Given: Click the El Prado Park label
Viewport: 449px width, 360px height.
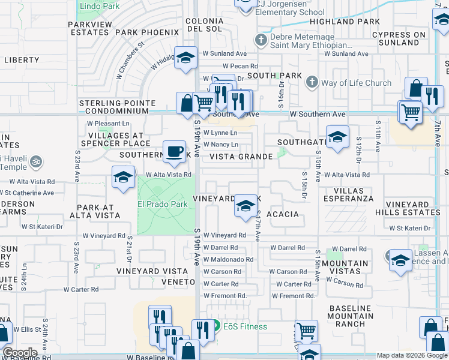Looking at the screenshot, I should [x=163, y=204].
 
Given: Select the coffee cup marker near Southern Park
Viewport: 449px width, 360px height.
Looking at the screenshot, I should [x=175, y=151].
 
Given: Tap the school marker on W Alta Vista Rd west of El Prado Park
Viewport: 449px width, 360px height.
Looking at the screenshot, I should [x=123, y=178].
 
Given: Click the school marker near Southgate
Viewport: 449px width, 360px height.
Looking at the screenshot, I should [x=337, y=137].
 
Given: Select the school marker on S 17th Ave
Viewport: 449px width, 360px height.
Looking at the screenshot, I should [x=244, y=206].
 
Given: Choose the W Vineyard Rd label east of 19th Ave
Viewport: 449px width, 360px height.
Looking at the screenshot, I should [x=224, y=236].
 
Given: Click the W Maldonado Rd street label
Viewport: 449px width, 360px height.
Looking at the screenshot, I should [x=228, y=260].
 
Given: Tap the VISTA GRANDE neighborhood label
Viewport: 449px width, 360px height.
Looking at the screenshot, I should [x=241, y=157].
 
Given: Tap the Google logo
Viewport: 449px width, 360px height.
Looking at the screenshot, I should [x=19, y=353].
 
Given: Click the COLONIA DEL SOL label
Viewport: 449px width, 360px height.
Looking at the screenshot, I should [x=205, y=25].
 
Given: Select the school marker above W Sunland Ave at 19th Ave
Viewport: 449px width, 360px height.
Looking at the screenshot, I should [x=185, y=58].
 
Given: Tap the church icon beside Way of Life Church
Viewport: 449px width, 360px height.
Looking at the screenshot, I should [x=312, y=82].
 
